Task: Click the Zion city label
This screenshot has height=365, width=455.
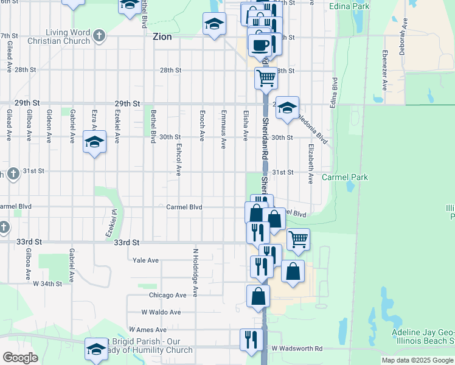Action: pos(162,36)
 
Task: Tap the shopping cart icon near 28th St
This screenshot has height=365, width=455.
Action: pos(266,78)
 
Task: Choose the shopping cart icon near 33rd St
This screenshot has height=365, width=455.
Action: pos(298,239)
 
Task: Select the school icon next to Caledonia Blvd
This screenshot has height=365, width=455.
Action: pos(287,108)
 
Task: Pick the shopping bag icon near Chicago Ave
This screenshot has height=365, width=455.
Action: pos(258,297)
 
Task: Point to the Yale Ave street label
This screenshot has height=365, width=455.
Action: pos(145,260)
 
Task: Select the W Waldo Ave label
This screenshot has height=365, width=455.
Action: pos(161,312)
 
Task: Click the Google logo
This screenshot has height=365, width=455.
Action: pos(20,358)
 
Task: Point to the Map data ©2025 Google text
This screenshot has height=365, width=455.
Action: pos(417,360)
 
